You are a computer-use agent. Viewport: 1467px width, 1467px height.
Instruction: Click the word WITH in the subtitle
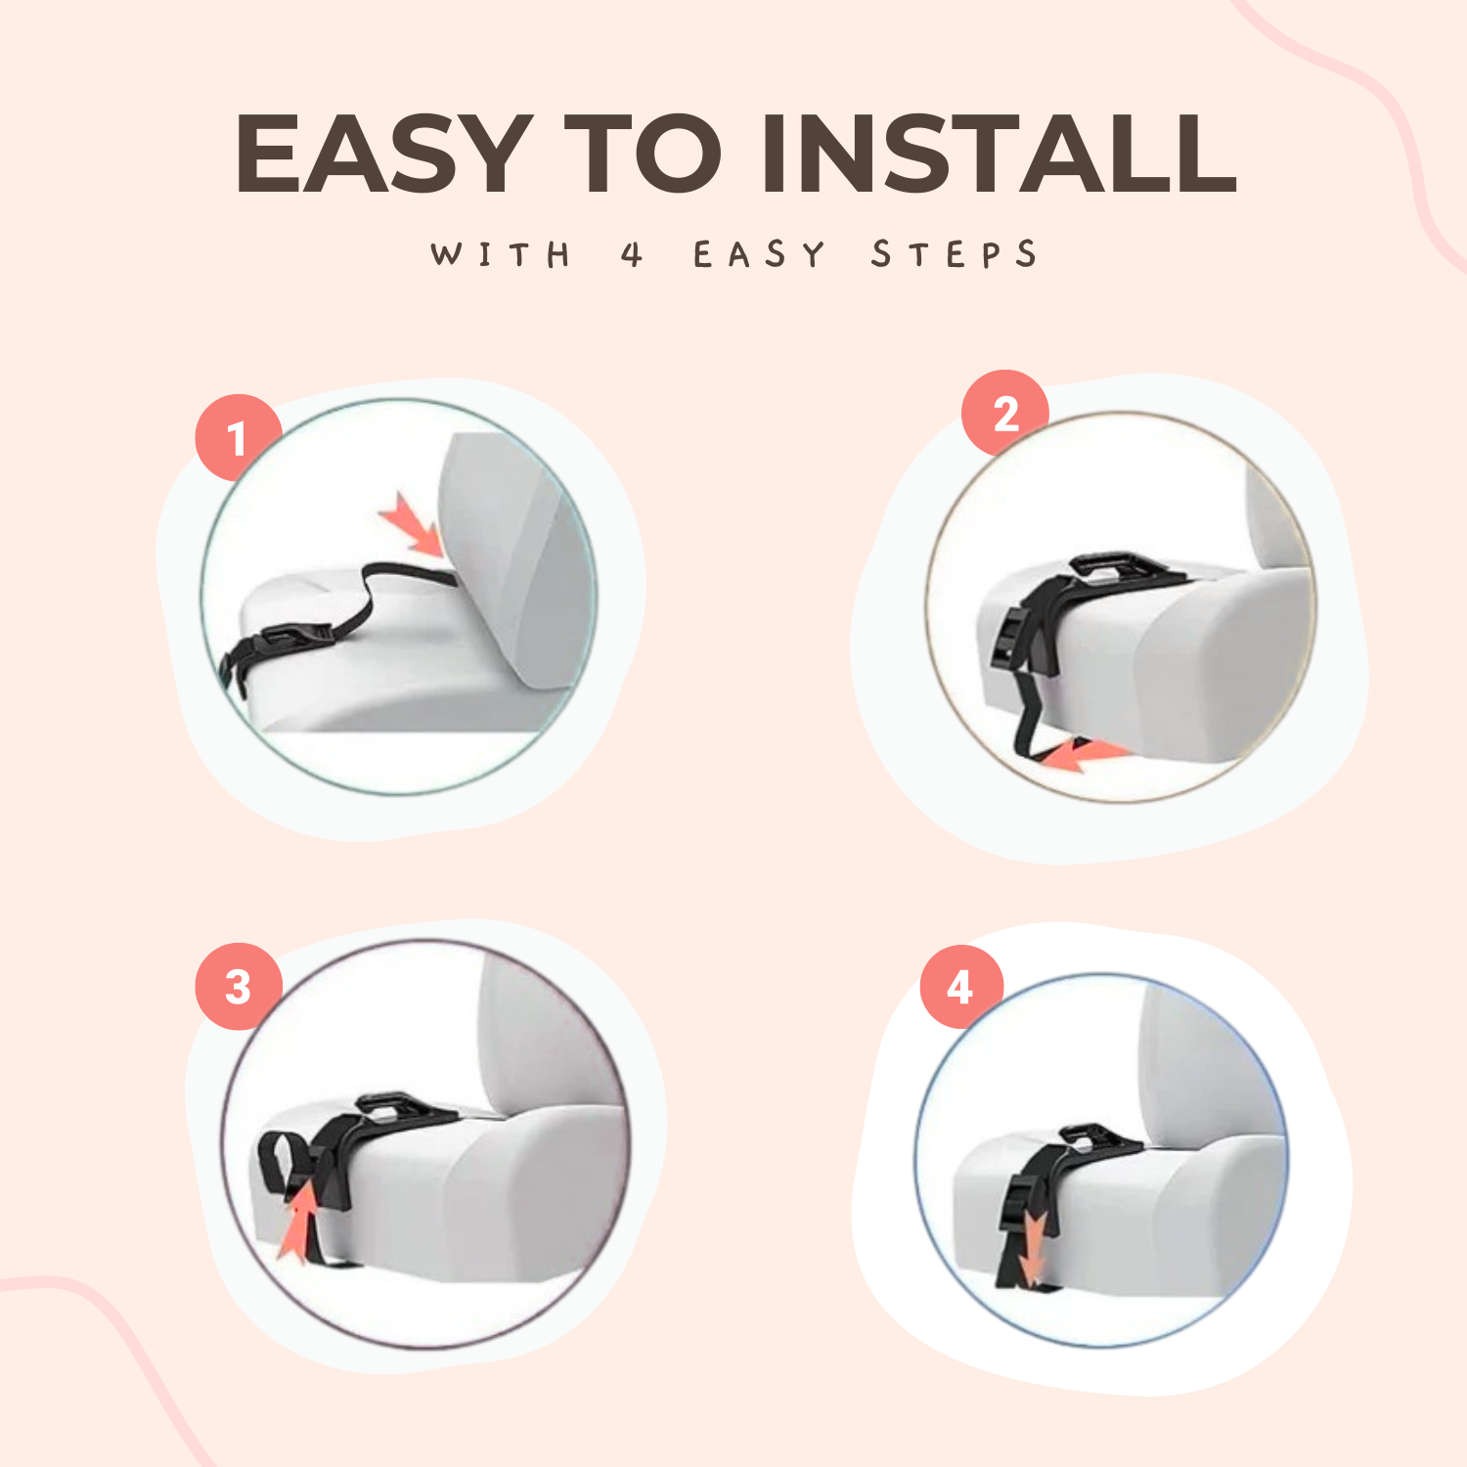501,254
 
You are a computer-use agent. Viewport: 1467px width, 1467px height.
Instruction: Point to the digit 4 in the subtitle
632,254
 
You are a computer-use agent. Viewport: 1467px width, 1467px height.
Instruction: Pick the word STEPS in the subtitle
954,254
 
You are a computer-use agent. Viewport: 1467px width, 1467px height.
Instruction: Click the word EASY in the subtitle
759,254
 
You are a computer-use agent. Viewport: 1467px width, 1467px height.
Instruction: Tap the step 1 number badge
239,437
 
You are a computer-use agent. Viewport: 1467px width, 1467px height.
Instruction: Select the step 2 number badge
1005,413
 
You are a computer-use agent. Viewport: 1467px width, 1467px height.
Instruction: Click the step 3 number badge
239,986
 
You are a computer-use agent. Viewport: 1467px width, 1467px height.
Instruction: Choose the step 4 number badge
961,987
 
